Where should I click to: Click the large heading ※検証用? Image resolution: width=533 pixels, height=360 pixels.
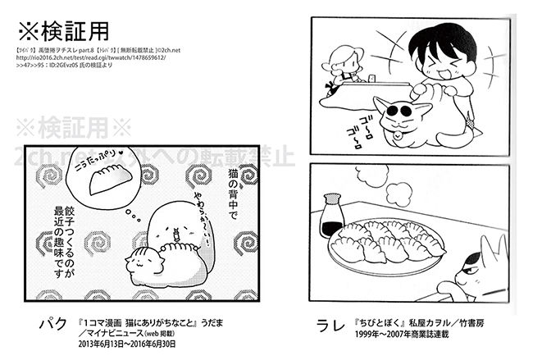[63, 34]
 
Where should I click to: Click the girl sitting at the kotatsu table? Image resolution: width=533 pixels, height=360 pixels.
[345, 66]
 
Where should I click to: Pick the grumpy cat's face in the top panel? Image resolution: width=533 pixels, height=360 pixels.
[403, 112]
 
